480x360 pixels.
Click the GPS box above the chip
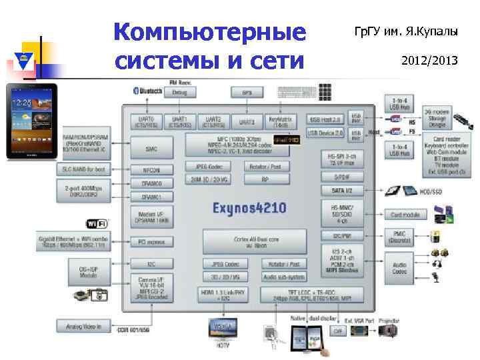(x=247, y=92)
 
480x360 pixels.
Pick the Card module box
(x=405, y=215)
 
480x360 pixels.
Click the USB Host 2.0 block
(x=325, y=119)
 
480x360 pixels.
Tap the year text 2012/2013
(x=429, y=61)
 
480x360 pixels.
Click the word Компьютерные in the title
(x=209, y=31)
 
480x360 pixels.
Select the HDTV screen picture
(x=223, y=328)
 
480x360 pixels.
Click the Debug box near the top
(x=179, y=92)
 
